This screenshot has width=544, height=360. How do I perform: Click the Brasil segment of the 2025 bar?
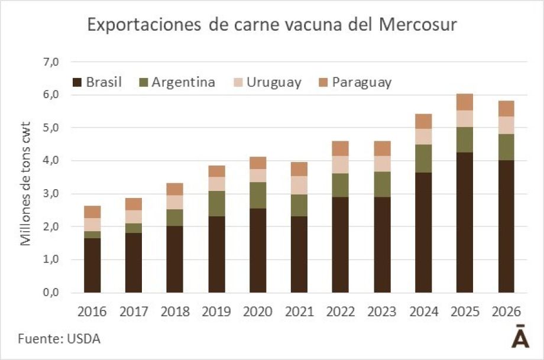[x=464, y=222]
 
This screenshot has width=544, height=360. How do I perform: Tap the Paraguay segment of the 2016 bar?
[x=92, y=212]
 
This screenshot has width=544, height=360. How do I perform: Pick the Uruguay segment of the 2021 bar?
[x=299, y=185]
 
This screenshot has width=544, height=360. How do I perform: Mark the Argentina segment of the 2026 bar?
[x=506, y=147]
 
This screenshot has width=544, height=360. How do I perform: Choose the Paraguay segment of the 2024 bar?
[x=423, y=121]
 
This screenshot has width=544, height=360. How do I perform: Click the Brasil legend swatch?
[x=77, y=82]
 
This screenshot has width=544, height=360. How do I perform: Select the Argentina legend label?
[x=183, y=82]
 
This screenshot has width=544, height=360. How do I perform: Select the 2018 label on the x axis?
[x=174, y=311]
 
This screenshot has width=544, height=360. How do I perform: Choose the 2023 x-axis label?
[x=381, y=311]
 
